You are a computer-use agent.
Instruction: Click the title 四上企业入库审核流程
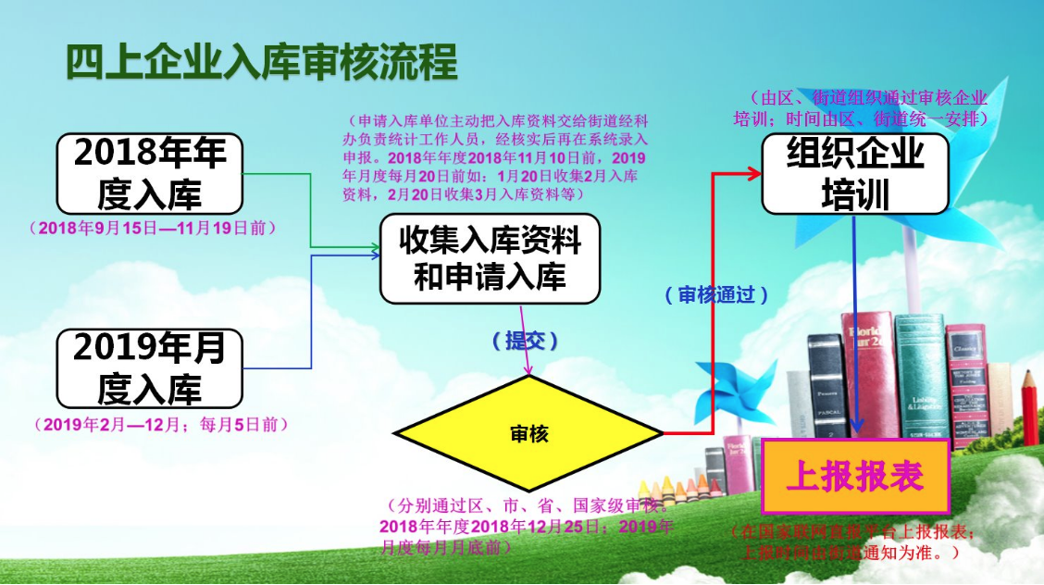(x=262, y=63)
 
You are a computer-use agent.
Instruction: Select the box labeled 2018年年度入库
(x=149, y=174)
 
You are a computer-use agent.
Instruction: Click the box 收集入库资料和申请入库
(x=490, y=259)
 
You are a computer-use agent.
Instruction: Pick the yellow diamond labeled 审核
(x=528, y=434)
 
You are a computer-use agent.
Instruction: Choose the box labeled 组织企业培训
(x=855, y=174)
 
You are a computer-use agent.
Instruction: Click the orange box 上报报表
(x=855, y=477)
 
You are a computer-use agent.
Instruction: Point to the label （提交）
(x=526, y=341)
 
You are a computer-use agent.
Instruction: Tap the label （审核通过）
(x=716, y=294)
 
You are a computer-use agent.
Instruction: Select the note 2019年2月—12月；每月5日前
(x=161, y=424)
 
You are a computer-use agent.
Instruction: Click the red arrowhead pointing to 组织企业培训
(x=754, y=172)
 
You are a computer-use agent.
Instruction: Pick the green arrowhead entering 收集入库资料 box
(x=373, y=247)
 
